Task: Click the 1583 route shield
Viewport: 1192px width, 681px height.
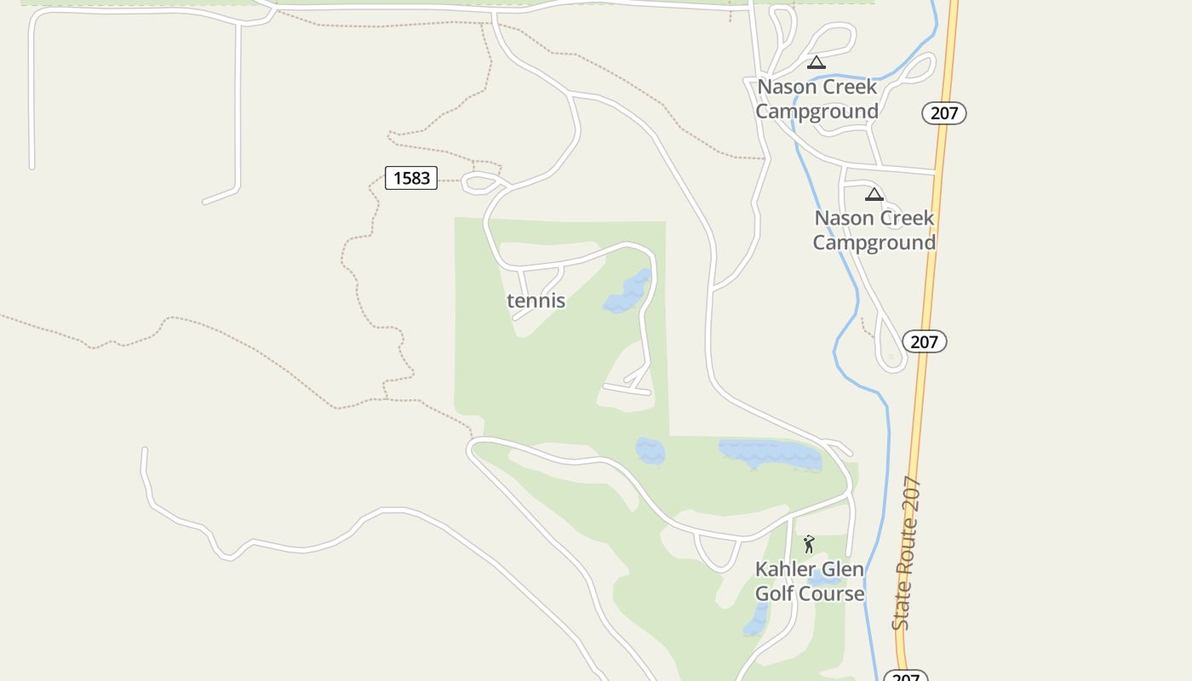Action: point(411,178)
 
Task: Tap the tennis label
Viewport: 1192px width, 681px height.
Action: point(536,300)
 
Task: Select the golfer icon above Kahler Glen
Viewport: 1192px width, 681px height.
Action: point(809,544)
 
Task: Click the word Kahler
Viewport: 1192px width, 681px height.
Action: point(785,569)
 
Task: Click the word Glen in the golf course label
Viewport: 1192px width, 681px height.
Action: point(841,569)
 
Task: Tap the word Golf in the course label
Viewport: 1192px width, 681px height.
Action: point(775,593)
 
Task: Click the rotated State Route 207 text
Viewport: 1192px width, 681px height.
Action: point(907,553)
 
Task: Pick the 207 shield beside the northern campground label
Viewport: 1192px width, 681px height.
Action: point(944,112)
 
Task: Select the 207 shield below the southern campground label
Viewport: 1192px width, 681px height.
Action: point(924,341)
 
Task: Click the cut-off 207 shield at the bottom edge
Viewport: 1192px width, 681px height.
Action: point(905,677)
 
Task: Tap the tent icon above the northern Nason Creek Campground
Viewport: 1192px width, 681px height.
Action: point(817,62)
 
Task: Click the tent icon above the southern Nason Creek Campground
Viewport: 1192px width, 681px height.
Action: point(874,194)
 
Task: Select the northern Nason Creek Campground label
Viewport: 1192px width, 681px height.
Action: point(817,99)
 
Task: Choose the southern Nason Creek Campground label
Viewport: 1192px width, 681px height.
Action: point(874,230)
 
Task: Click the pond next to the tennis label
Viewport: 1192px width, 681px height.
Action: point(629,292)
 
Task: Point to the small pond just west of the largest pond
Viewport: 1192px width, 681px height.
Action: point(650,451)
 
